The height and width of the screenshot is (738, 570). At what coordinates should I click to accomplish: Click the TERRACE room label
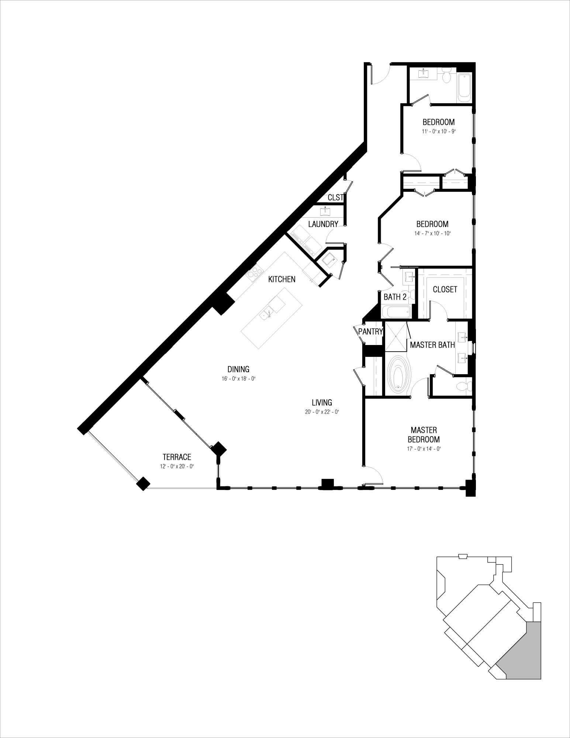click(177, 457)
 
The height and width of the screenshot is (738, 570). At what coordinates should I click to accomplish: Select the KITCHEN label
click(281, 279)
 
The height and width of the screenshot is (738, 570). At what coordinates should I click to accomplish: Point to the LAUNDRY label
click(323, 224)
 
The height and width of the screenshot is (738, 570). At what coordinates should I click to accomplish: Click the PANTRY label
click(370, 332)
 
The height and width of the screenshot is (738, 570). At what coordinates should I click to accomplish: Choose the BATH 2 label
click(395, 297)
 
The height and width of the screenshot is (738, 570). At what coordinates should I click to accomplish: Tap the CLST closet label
click(335, 198)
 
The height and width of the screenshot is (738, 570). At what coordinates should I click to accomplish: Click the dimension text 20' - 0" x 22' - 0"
click(322, 412)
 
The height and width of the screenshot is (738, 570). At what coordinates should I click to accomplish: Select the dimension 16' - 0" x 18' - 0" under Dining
click(238, 379)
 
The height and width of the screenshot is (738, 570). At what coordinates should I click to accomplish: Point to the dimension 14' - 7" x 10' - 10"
click(432, 233)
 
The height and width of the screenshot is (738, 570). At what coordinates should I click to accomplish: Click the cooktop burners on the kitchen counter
click(253, 273)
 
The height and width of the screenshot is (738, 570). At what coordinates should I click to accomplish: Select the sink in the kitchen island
click(267, 314)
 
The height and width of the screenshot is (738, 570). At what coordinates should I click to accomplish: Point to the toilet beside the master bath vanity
click(462, 386)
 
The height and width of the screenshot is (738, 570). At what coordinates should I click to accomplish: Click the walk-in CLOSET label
click(445, 289)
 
